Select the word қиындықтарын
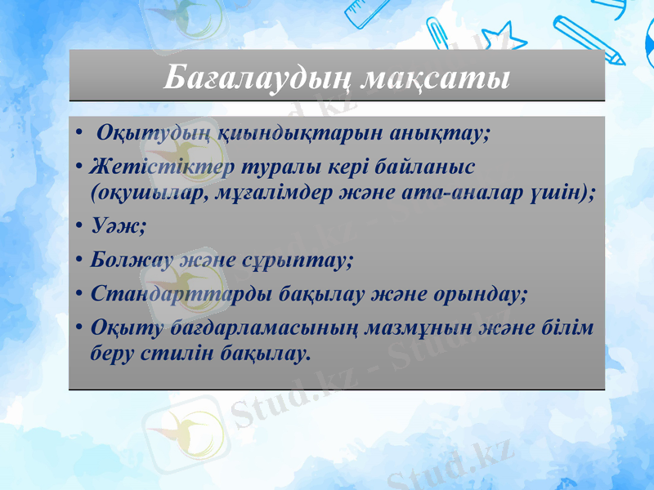coord(261,132)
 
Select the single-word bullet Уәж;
coord(119,226)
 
